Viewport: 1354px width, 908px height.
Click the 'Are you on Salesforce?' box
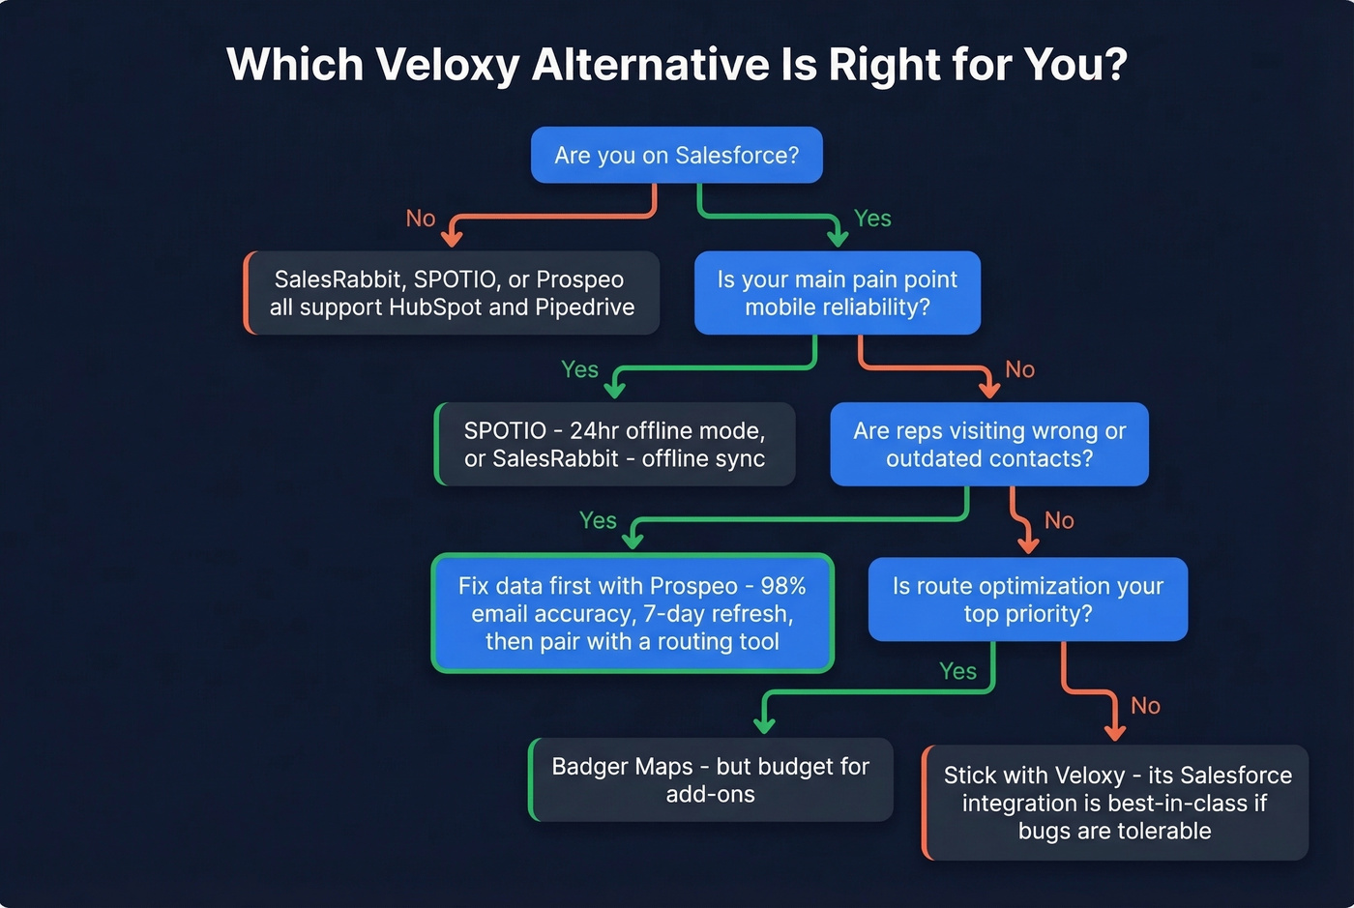(676, 155)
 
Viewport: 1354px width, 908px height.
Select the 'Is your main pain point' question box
(837, 293)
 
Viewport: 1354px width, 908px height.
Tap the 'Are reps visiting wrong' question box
(988, 445)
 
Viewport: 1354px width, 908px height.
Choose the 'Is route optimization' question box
(1027, 600)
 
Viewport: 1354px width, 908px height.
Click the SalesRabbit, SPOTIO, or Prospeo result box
(452, 293)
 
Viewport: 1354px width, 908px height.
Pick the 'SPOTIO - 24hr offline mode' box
(615, 445)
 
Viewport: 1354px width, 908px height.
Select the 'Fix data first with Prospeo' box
(633, 613)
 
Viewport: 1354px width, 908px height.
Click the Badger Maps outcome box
(710, 780)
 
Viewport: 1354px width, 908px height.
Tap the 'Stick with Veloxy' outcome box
(1116, 803)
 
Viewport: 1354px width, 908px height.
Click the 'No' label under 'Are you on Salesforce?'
(421, 219)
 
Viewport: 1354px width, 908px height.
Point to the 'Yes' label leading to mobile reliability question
(872, 219)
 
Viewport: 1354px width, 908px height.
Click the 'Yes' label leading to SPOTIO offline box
(579, 369)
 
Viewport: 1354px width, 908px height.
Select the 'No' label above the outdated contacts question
(1019, 369)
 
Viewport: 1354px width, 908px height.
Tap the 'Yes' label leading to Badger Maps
(957, 671)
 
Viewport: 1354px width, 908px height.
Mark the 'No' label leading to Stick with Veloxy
(1145, 706)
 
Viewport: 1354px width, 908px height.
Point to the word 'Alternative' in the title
(649, 65)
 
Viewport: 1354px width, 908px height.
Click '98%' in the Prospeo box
(782, 586)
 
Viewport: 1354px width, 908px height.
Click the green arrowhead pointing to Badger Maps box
(764, 725)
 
